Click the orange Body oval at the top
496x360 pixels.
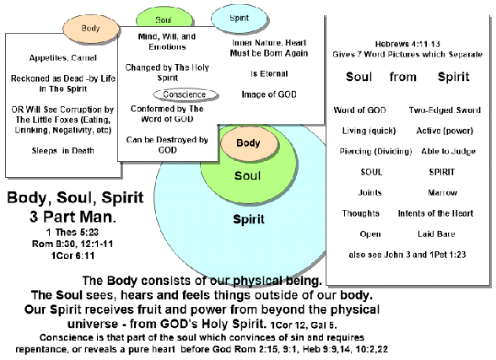(91, 29)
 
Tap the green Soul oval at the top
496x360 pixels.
(164, 18)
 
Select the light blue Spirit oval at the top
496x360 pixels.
(240, 18)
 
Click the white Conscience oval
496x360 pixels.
(186, 94)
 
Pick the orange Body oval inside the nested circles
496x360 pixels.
(249, 143)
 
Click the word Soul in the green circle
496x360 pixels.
(248, 175)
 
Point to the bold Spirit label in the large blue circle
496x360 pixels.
(249, 219)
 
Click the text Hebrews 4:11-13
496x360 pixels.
(407, 44)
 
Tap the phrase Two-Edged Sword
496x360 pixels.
(445, 110)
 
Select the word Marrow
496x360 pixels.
(442, 192)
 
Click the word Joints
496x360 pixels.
(369, 192)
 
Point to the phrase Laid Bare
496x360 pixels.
(436, 234)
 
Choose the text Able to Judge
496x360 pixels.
(448, 152)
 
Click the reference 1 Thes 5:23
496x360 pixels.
(73, 233)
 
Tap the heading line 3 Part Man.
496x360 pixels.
(73, 217)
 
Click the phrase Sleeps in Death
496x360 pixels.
(63, 151)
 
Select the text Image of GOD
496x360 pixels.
(269, 94)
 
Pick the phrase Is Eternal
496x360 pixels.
(269, 73)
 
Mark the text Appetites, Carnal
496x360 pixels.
(63, 58)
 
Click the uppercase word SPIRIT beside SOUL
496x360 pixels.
(442, 172)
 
